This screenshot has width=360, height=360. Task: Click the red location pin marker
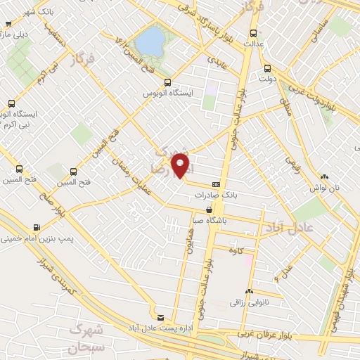(182, 166)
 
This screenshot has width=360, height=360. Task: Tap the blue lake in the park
(149, 42)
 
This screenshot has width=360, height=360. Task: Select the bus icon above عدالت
(253, 33)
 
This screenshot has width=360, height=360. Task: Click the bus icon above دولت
(266, 69)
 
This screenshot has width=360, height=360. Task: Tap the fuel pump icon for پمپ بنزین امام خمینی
(37, 227)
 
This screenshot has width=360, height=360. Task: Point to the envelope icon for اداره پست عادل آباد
(160, 317)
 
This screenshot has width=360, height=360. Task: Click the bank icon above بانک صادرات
(215, 185)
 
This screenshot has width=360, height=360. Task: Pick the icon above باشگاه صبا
(210, 210)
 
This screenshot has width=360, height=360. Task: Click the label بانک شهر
(22, 11)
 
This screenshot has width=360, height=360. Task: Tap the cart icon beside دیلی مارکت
(6, 32)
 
